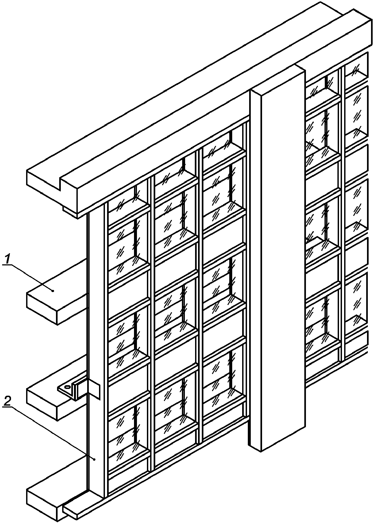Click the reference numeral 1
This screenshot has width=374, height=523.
[8, 260]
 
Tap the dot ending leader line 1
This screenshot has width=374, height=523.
[53, 290]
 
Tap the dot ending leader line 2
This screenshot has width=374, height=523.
[94, 459]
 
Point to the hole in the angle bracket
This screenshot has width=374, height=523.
[67, 387]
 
